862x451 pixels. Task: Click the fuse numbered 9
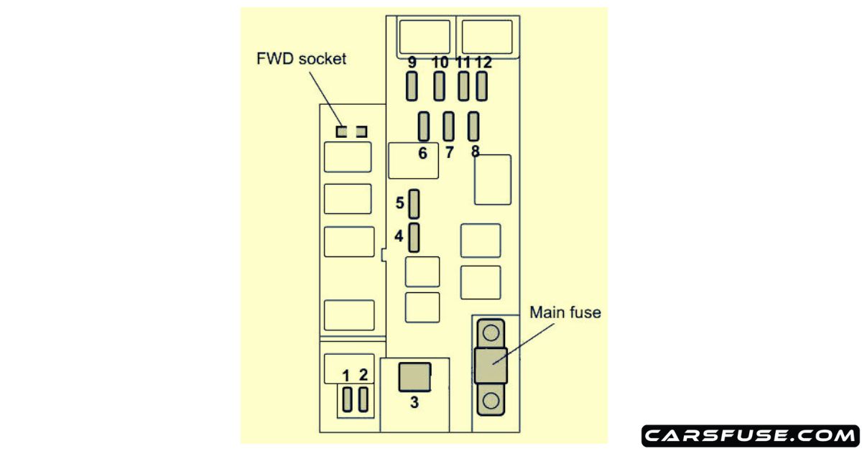[x=412, y=88]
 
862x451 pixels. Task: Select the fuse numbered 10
[x=440, y=88]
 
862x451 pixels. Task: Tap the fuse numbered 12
[x=482, y=88]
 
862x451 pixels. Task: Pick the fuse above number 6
[x=424, y=127]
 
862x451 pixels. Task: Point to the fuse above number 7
[x=449, y=127]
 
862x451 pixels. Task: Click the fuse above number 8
[x=473, y=127]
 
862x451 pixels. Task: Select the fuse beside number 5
[x=414, y=204]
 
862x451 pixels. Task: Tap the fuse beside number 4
[x=414, y=237]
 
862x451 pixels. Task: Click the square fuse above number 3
[x=414, y=377]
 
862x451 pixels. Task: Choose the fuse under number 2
[x=363, y=399]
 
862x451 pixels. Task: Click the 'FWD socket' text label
[x=301, y=59]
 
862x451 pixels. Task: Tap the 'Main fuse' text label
[x=565, y=312]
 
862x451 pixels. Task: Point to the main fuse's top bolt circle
[x=491, y=333]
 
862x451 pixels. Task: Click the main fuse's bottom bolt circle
[x=491, y=399]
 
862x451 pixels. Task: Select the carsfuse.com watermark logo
[x=749, y=435]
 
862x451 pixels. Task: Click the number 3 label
[x=414, y=403]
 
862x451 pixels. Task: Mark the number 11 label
[x=463, y=62]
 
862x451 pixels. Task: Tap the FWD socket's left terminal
[x=343, y=131]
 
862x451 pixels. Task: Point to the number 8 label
[x=475, y=152]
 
